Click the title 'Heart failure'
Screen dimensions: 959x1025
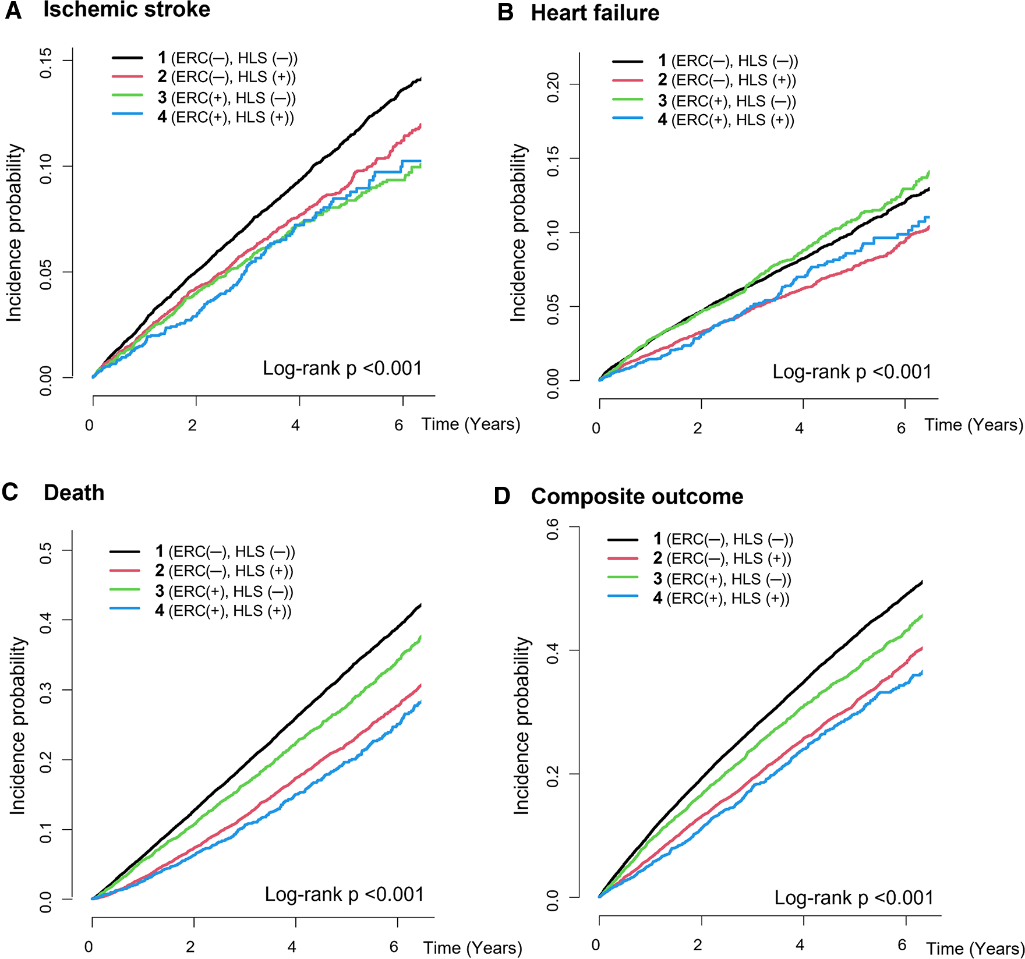pos(595,13)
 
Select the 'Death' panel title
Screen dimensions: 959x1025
pos(74,493)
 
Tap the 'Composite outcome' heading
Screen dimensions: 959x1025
pos(637,497)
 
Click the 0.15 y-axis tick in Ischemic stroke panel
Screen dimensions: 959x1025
pos(45,63)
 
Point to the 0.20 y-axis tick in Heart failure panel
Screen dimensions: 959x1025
pos(553,87)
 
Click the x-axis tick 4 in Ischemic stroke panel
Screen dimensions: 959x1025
pos(296,425)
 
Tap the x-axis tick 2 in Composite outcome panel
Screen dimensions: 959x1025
pos(698,944)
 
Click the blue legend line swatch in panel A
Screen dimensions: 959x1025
pos(128,114)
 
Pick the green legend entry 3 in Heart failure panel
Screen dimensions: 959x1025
pos(727,101)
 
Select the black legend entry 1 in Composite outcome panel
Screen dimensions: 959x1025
pos(723,539)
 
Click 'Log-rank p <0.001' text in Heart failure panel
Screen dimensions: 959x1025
pos(851,371)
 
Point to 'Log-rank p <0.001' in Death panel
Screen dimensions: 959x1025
pos(344,894)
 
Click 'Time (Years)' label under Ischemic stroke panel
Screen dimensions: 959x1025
pos(471,424)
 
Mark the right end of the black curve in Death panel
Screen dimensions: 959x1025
pos(420,604)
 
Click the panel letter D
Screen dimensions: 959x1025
pos(501,497)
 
